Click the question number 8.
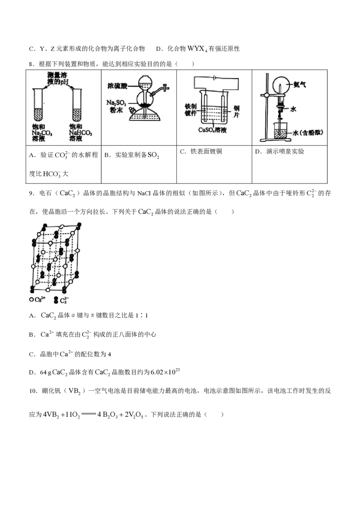(31, 64)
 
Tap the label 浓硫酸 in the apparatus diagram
(117, 86)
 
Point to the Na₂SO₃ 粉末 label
(116, 106)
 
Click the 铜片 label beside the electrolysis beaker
(236, 112)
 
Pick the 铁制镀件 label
(191, 110)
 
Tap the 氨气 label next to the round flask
(299, 85)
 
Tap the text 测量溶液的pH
(58, 78)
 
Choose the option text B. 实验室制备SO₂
(131, 155)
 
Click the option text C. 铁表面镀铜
(201, 151)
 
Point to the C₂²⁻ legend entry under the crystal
(61, 300)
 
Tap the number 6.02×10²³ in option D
(166, 371)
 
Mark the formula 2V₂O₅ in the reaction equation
(134, 415)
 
